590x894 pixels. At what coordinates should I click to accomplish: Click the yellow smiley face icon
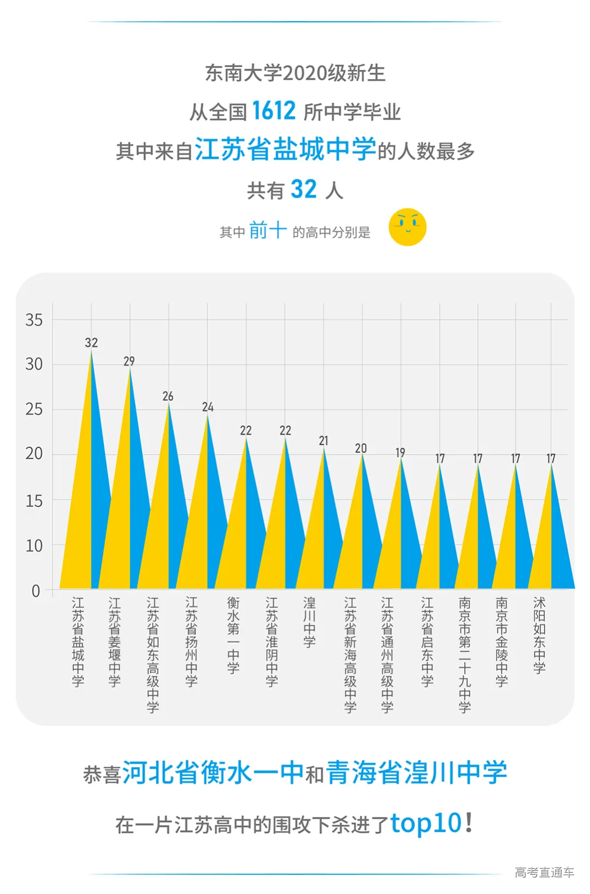pos(407,227)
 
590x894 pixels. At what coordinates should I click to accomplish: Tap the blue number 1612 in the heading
pos(273,111)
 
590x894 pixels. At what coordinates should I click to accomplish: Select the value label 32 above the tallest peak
pos(91,343)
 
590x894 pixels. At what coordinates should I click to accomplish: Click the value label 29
pos(129,361)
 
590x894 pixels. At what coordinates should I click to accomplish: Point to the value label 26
pos(168,396)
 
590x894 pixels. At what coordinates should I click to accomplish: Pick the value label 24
pos(208,407)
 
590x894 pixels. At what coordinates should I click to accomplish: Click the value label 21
pos(324,440)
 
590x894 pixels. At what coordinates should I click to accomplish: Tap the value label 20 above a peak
pos(361,448)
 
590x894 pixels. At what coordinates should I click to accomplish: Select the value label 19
pos(400,452)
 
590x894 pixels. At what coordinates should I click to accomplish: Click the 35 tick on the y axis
pos(34,320)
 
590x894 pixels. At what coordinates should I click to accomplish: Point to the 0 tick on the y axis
pos(36,591)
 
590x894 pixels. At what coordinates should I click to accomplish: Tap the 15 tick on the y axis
pos(34,501)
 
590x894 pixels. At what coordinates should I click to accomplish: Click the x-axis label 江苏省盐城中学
pos(78,642)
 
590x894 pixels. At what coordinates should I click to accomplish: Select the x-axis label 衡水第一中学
pos(233,635)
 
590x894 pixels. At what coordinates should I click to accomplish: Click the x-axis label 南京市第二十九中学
pos(465,655)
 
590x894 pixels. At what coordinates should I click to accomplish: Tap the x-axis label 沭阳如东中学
pos(539,635)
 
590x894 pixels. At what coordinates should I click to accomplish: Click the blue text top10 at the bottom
pos(426,823)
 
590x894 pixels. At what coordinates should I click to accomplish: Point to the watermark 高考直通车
pos(544,872)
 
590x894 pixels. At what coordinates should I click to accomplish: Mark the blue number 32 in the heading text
pos(303,190)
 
